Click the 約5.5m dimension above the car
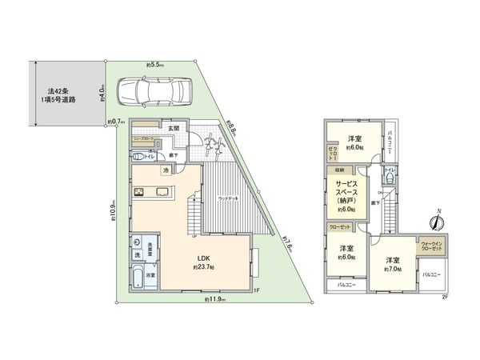(155, 64)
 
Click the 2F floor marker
(444, 297)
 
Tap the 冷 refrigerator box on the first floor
(166, 170)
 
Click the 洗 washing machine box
(137, 254)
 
